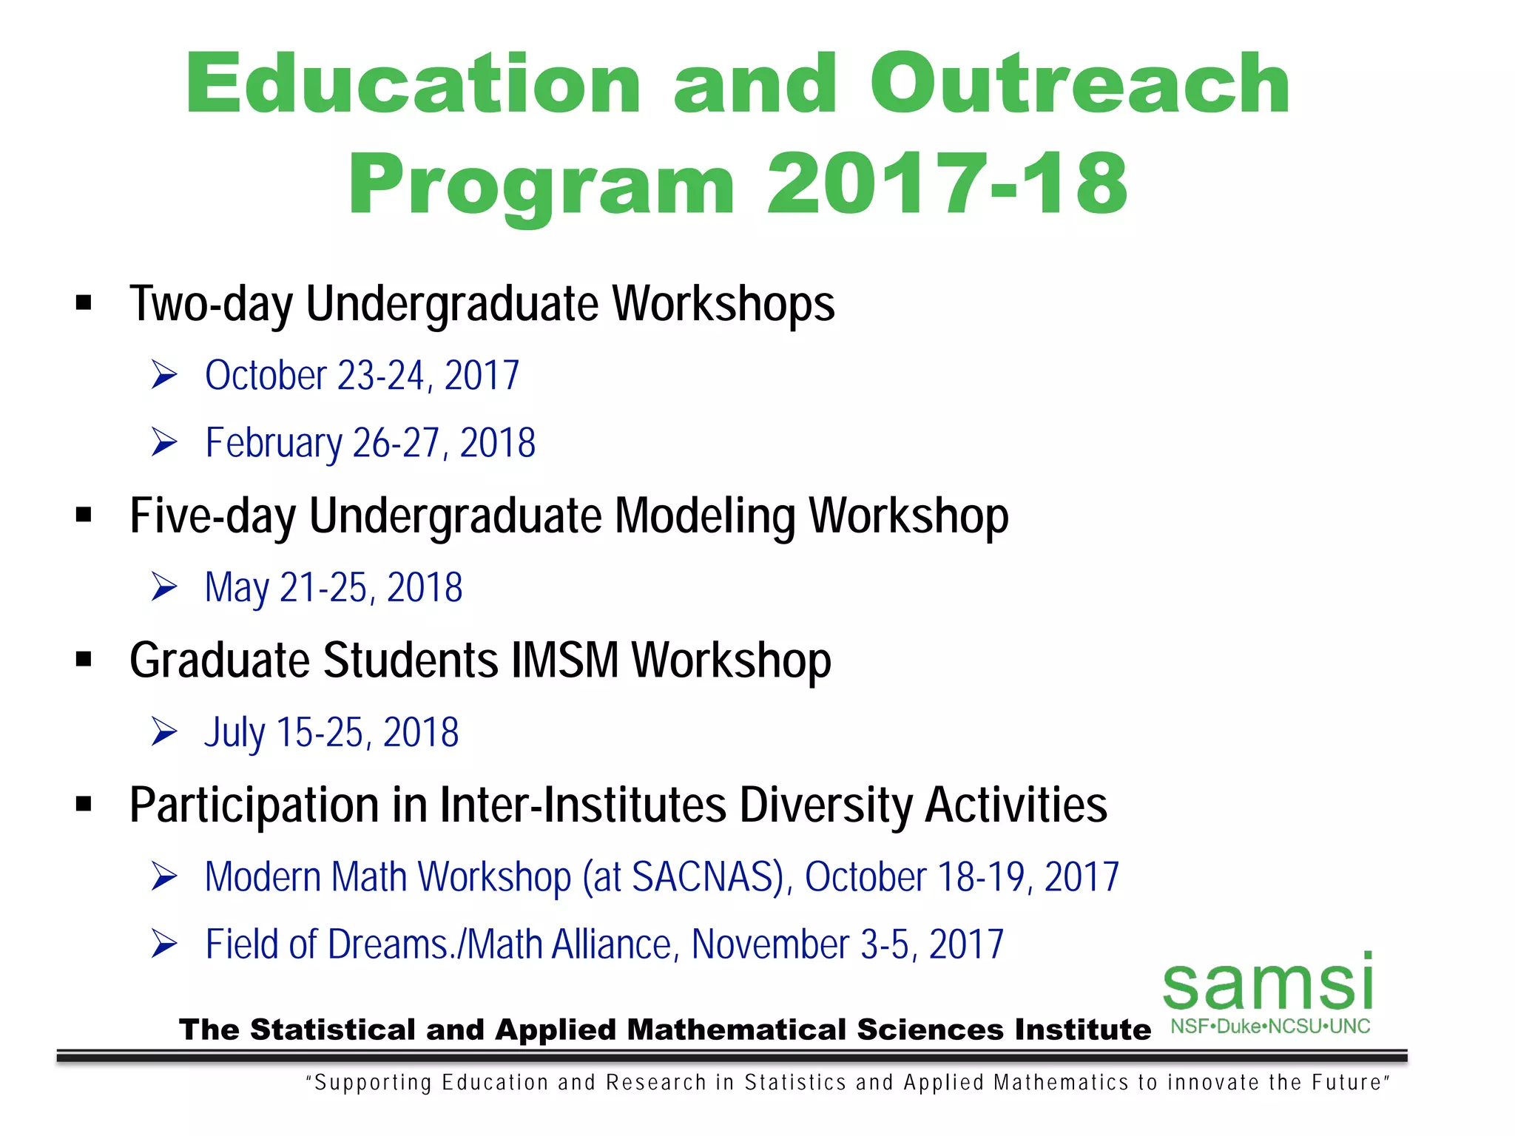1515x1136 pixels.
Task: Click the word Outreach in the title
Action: tap(1080, 85)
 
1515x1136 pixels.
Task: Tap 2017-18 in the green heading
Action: tap(947, 183)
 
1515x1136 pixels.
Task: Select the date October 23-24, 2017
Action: tap(362, 376)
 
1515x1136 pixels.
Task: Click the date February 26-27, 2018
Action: tap(370, 443)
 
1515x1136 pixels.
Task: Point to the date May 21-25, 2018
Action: tap(334, 588)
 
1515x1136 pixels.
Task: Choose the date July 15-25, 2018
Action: tap(331, 733)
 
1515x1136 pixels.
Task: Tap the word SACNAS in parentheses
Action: tap(703, 877)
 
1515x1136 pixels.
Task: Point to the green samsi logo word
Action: tap(1268, 983)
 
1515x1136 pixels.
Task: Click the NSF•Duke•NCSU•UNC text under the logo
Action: tap(1270, 1027)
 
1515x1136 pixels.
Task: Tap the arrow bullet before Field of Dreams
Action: tap(164, 944)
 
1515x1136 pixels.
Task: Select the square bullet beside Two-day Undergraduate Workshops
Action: tap(84, 303)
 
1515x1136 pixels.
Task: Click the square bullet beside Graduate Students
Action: tap(84, 660)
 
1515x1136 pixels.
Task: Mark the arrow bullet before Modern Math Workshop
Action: tap(164, 877)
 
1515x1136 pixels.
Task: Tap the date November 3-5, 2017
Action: tap(848, 944)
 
